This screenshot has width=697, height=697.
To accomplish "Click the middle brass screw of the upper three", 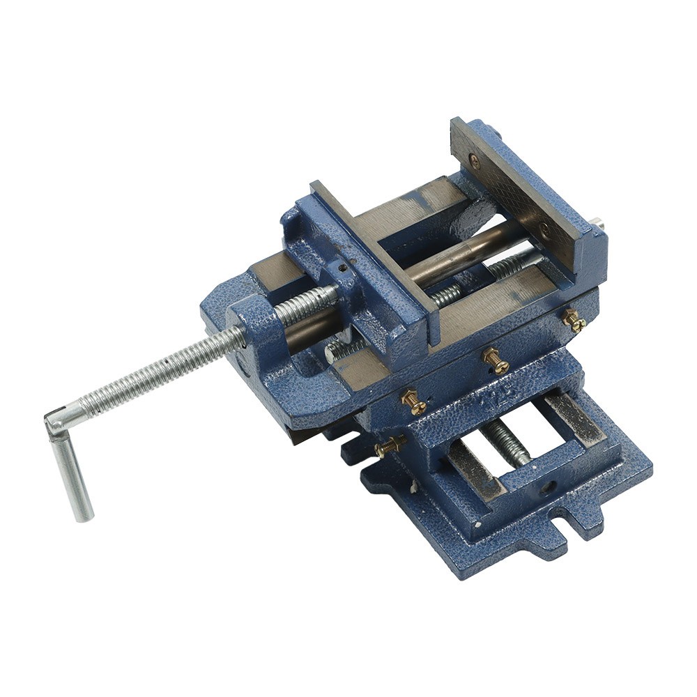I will click(x=496, y=360).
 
